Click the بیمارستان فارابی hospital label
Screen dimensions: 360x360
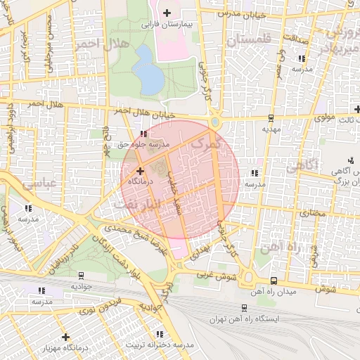tap(167, 24)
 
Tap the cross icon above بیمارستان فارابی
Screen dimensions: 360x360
tap(167, 13)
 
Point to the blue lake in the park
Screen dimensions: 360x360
tap(147, 70)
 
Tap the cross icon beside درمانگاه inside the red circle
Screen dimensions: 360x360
tap(140, 170)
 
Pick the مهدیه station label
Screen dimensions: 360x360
tap(271, 129)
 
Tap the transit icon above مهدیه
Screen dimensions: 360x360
tap(271, 118)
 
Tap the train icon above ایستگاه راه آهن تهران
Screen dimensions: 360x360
tap(244, 308)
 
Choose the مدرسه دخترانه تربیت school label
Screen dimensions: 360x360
tap(159, 345)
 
